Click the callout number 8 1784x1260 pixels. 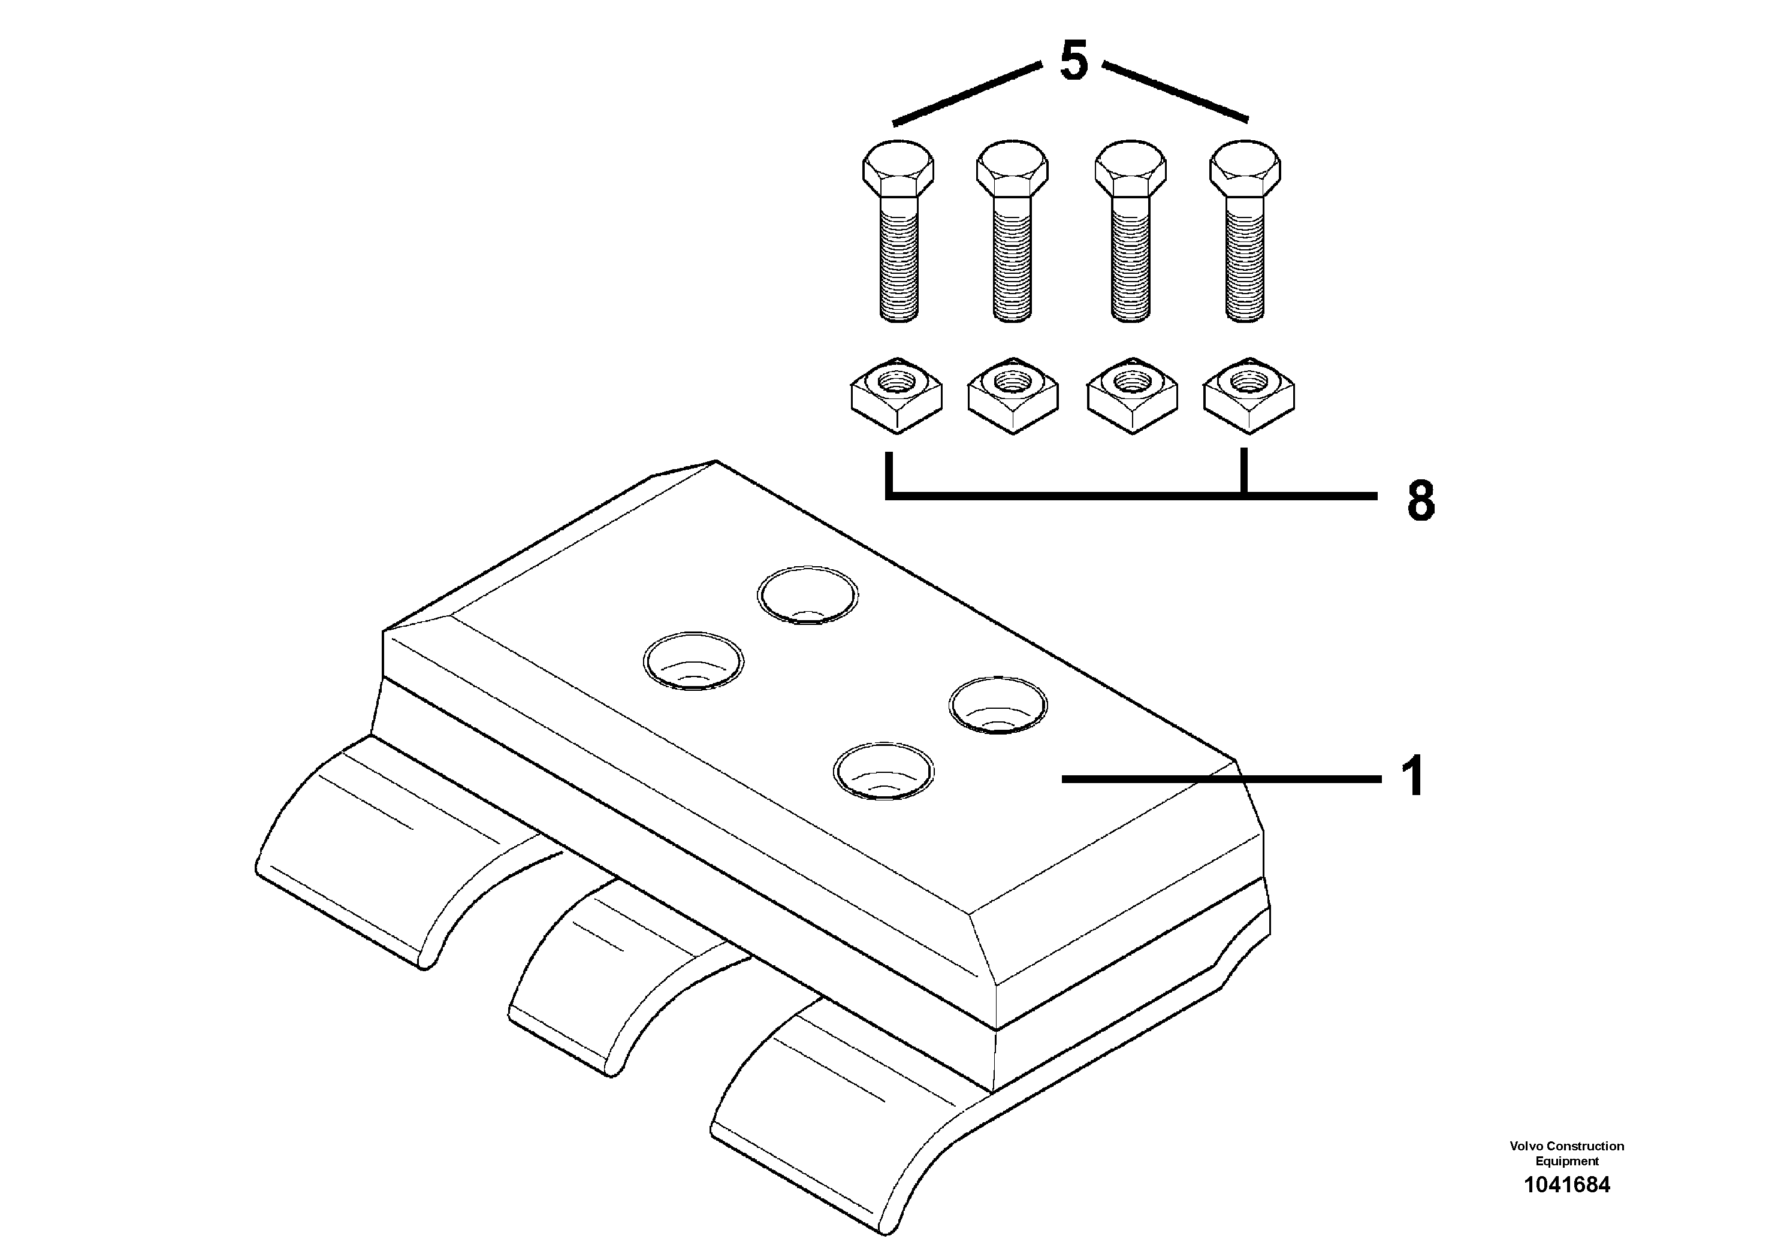(1420, 501)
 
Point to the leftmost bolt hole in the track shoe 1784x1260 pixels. (693, 662)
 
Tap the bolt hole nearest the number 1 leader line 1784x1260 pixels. (998, 705)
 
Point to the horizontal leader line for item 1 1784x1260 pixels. (1220, 778)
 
